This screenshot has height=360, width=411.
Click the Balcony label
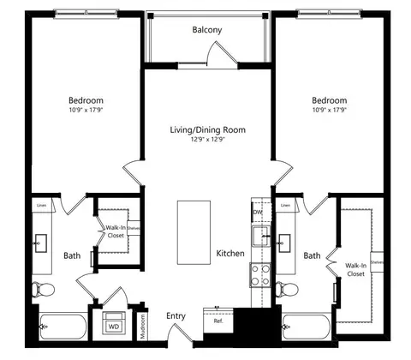[207, 30]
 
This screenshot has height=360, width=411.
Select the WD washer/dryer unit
[114, 327]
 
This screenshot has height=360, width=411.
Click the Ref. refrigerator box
[218, 321]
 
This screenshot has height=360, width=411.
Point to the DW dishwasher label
[257, 213]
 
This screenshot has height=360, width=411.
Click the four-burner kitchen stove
[259, 275]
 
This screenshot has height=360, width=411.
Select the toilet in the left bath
[42, 290]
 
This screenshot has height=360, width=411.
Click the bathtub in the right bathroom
[306, 327]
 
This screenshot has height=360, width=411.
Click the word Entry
[176, 316]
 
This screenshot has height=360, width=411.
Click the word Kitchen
[230, 255]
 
